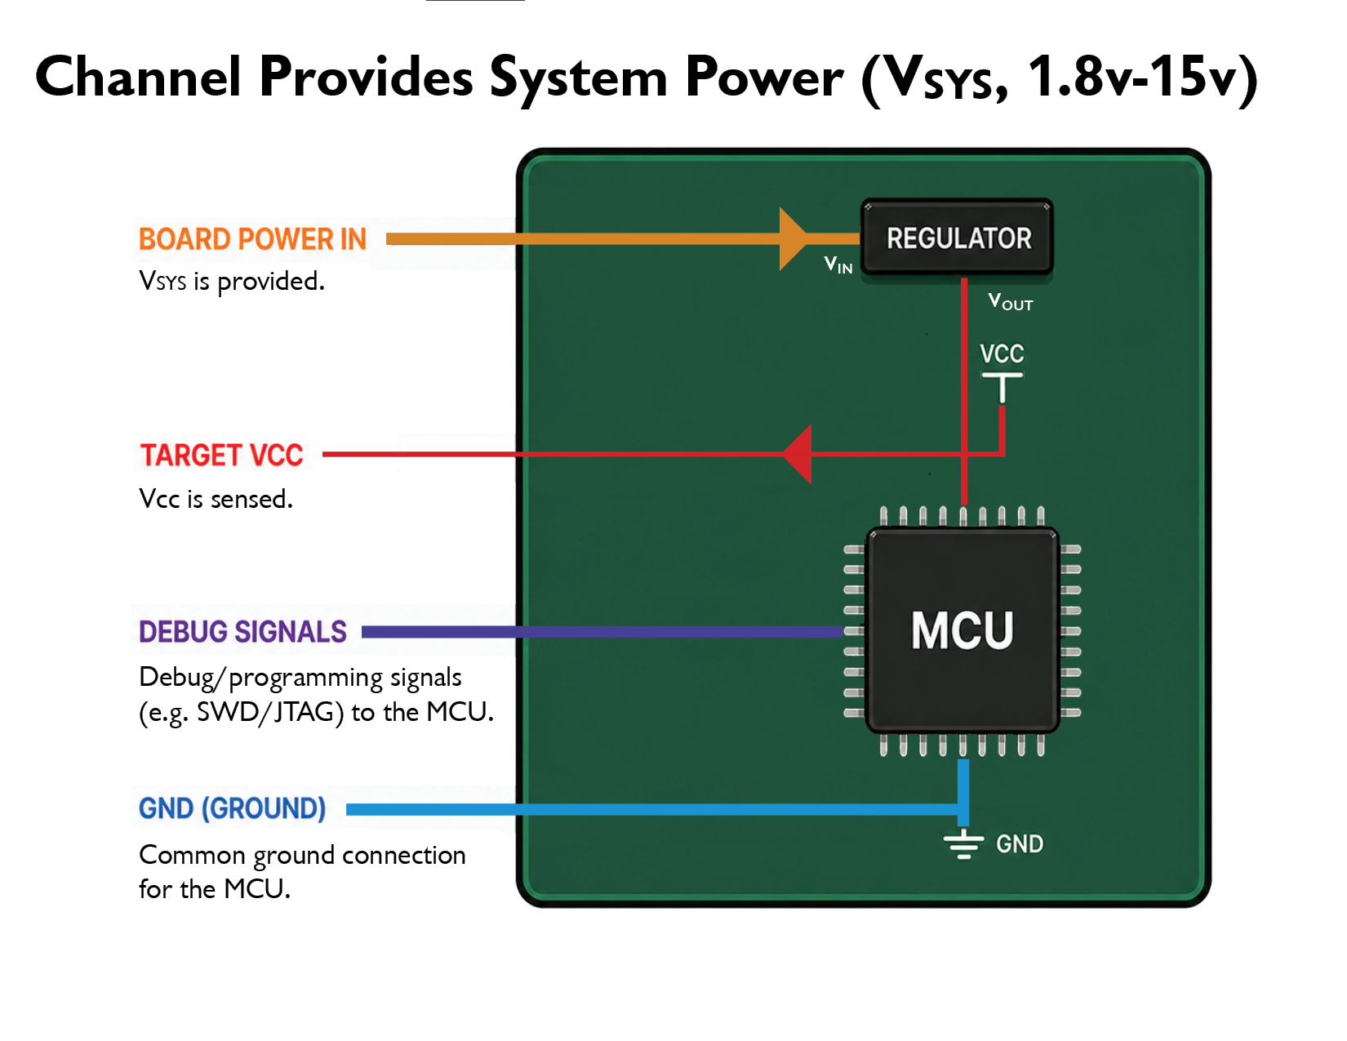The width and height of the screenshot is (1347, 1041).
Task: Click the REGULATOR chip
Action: click(957, 237)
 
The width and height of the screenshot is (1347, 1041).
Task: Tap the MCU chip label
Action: click(962, 630)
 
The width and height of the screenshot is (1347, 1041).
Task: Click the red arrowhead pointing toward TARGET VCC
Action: click(797, 455)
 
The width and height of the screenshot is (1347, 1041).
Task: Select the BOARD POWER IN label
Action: click(252, 239)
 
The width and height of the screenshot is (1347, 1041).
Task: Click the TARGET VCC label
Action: click(221, 455)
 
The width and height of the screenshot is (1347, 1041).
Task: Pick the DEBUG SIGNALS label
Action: click(242, 632)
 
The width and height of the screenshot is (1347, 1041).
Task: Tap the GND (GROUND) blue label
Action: click(232, 808)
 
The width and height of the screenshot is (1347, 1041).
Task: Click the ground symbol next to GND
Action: click(962, 844)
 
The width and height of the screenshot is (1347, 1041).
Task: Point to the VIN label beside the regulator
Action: click(838, 265)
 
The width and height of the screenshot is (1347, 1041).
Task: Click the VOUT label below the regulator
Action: click(1010, 301)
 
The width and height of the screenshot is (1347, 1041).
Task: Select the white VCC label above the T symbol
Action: click(1002, 354)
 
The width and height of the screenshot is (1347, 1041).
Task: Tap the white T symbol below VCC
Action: click(1002, 387)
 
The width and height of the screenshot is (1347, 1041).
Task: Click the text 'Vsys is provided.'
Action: click(232, 282)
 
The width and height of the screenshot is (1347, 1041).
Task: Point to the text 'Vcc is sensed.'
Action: click(216, 499)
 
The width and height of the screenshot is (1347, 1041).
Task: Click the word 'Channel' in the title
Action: click(138, 77)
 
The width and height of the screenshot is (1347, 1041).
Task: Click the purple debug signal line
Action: click(602, 632)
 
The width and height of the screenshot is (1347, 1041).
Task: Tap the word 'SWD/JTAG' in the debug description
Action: click(270, 713)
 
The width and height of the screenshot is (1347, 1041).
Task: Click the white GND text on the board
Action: click(1019, 844)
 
